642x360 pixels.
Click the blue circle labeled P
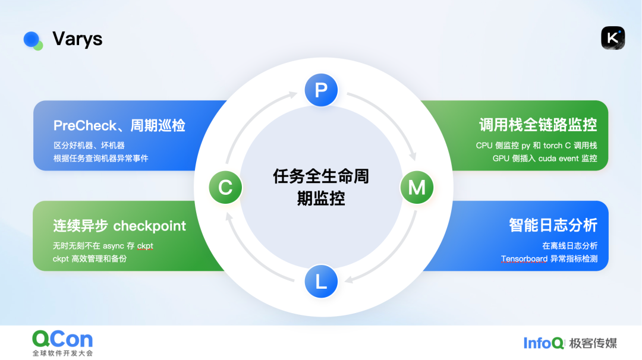tap(321, 90)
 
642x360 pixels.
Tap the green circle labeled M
tap(417, 187)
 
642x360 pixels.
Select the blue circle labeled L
tap(321, 282)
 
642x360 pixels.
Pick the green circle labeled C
tap(225, 187)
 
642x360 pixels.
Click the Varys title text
tap(77, 39)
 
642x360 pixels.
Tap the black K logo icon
tap(613, 38)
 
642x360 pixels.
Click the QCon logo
tap(62, 343)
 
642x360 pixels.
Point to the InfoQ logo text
tap(543, 343)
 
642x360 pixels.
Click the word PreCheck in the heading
tap(85, 125)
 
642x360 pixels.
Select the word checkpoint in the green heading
tap(149, 226)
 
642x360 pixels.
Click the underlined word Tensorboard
tap(524, 258)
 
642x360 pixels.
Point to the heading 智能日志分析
tap(553, 225)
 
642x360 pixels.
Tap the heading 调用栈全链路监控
tap(538, 125)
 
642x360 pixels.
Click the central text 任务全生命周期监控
tap(321, 187)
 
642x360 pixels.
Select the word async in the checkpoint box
tap(114, 246)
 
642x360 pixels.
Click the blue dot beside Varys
tap(31, 39)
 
